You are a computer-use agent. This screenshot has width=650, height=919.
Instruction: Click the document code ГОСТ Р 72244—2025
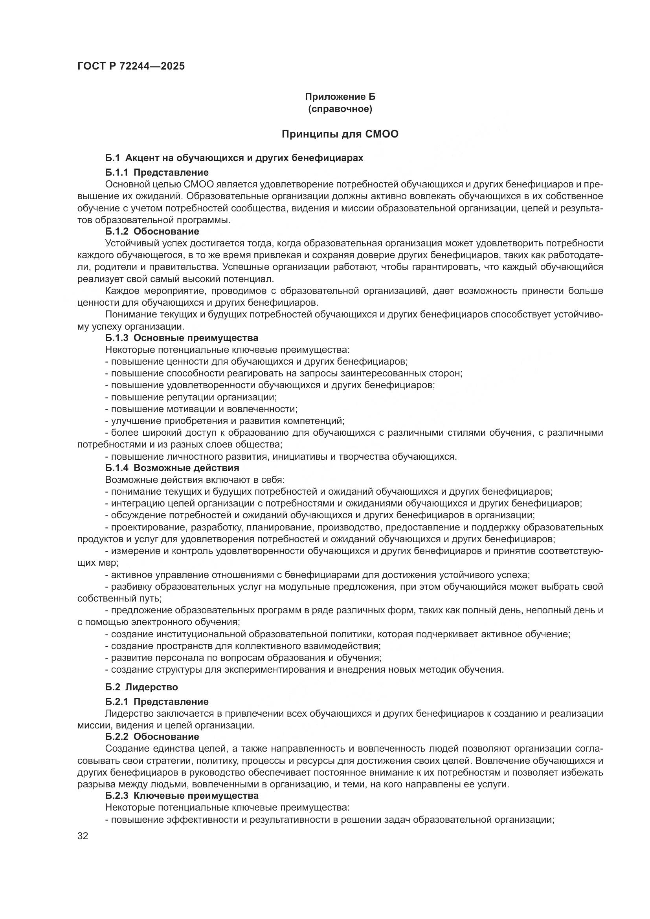point(131,66)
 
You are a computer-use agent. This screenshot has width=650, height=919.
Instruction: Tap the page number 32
point(83,836)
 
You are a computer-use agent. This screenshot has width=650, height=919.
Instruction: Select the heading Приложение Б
point(340,97)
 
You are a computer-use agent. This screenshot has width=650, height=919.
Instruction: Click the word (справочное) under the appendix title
point(340,109)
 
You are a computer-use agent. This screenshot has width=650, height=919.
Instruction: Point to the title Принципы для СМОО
point(340,134)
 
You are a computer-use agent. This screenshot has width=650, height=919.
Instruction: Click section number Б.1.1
point(117,172)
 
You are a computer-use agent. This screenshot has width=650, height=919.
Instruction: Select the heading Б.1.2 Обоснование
point(152,231)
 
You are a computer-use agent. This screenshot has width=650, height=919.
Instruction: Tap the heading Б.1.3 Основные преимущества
point(182,338)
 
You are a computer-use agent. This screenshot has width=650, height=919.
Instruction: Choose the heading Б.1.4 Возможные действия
point(172,468)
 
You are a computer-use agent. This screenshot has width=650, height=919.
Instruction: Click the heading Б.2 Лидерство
point(142,687)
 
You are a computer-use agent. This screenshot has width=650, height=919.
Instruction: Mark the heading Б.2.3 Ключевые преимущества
point(182,795)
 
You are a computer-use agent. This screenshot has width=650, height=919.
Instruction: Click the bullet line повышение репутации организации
point(191,398)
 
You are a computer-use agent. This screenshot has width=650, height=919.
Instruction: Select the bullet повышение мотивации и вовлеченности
point(201,409)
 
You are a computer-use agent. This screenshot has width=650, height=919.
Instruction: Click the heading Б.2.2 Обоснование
point(152,736)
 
